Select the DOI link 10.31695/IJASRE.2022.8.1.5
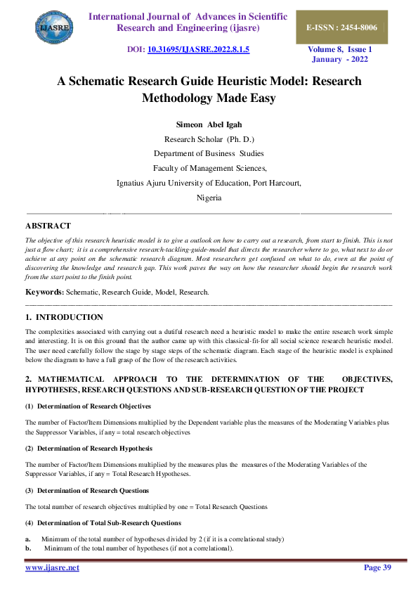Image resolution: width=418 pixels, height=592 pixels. click(x=197, y=51)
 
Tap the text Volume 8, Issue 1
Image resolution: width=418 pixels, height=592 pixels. click(x=341, y=50)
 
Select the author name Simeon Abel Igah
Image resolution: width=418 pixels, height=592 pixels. click(x=208, y=124)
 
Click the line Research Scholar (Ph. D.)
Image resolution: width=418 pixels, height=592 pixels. click(x=208, y=139)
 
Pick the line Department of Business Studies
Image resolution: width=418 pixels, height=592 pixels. click(x=209, y=153)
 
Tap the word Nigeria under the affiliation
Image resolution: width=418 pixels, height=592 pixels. click(x=209, y=198)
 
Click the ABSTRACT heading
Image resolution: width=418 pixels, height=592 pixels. click(x=48, y=226)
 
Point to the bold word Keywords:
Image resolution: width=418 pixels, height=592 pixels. click(x=44, y=291)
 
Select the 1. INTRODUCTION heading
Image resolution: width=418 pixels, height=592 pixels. click(x=64, y=317)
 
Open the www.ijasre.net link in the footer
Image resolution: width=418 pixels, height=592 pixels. click(x=52, y=567)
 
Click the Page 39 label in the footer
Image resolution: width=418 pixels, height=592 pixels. click(x=378, y=567)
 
